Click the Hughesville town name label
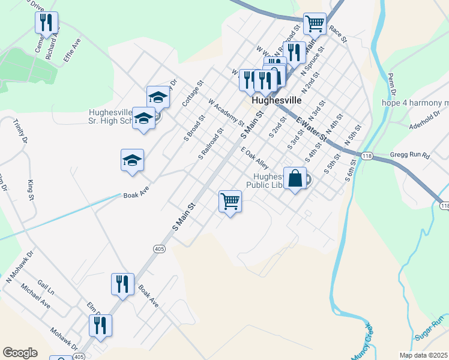[277, 100]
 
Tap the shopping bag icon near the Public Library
[295, 179]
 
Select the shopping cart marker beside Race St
[315, 24]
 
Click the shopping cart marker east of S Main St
[230, 202]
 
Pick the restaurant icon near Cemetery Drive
[46, 23]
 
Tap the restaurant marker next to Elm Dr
[100, 326]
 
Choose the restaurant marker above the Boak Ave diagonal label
[122, 284]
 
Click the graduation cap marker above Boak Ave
[132, 161]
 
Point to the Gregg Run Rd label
[410, 155]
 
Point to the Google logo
[20, 353]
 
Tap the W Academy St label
[226, 114]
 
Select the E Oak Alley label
[255, 158]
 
